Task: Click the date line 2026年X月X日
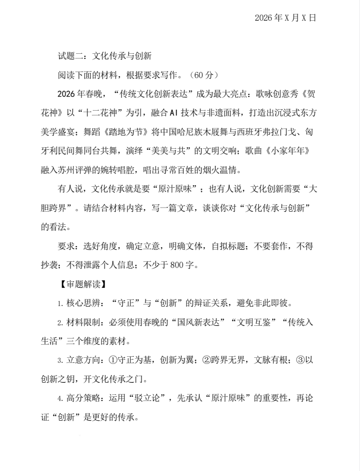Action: tap(285, 18)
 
